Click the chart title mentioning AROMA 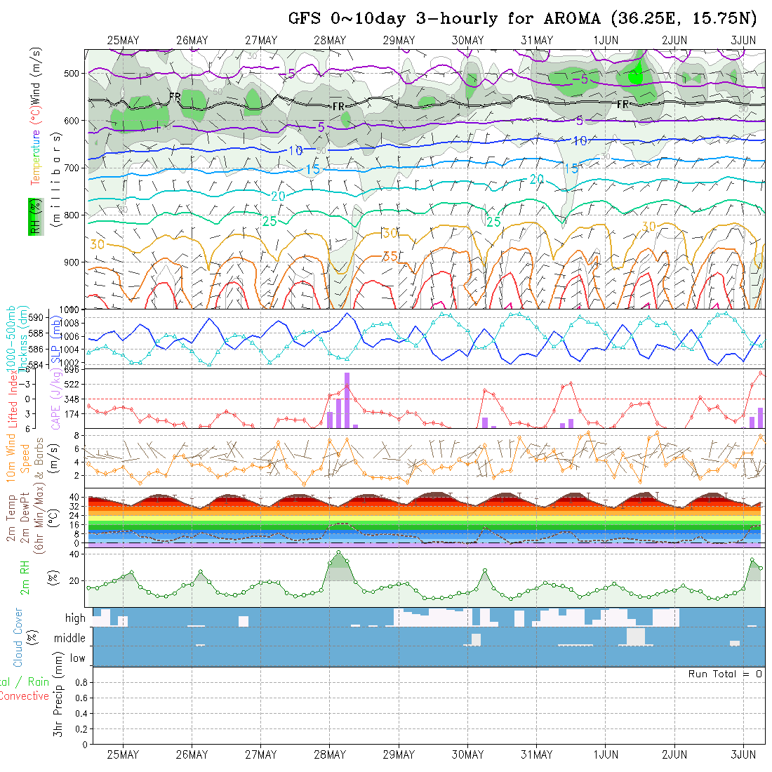523,18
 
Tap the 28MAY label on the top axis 330,41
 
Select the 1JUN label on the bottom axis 606,754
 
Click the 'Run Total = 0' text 725,674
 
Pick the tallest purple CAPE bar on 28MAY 347,400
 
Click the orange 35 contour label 391,257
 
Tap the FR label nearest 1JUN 623,105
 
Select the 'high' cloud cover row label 75,618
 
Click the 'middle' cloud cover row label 70,638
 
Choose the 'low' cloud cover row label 77,658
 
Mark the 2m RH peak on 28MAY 339,552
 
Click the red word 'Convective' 25,696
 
